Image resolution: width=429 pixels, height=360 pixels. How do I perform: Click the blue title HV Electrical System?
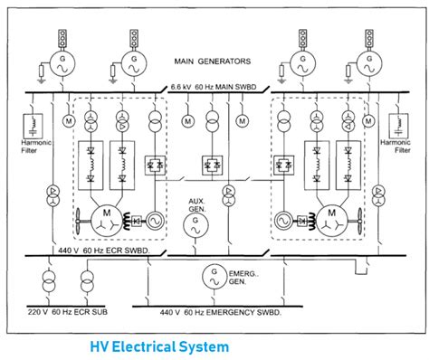point(158,346)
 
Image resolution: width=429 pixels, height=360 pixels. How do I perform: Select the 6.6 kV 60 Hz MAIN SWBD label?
point(214,86)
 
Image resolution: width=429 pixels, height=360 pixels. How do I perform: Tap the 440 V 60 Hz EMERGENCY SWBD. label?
point(214,312)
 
